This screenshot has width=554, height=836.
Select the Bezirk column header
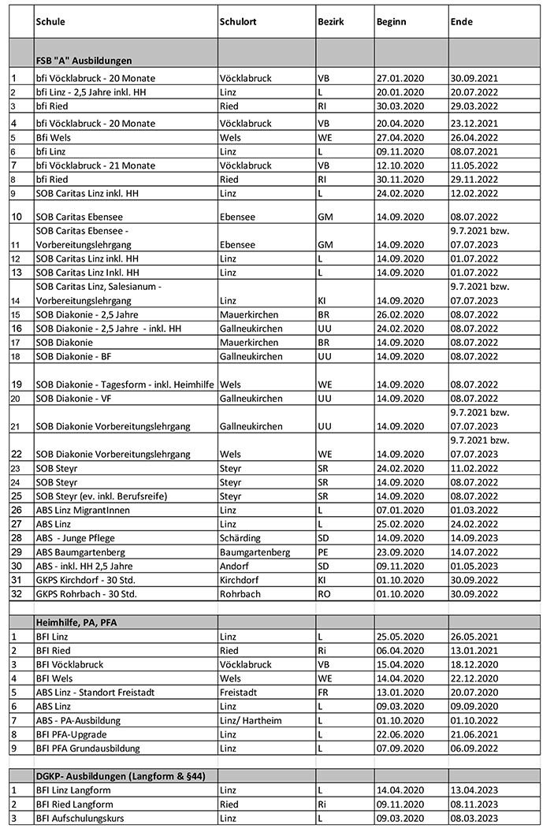pos(330,22)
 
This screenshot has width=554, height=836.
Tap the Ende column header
pos(461,22)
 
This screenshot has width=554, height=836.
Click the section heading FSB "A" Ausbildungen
pos(84,61)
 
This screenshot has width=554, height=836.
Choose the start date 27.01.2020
pos(401,78)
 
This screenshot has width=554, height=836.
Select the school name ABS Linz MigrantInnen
pos(83,510)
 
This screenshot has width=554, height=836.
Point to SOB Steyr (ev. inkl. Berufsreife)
pos(102,496)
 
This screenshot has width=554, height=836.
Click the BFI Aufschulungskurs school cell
pos(83,819)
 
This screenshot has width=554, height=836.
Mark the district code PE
pos(323,552)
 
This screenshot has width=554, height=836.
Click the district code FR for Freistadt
pos(323,692)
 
